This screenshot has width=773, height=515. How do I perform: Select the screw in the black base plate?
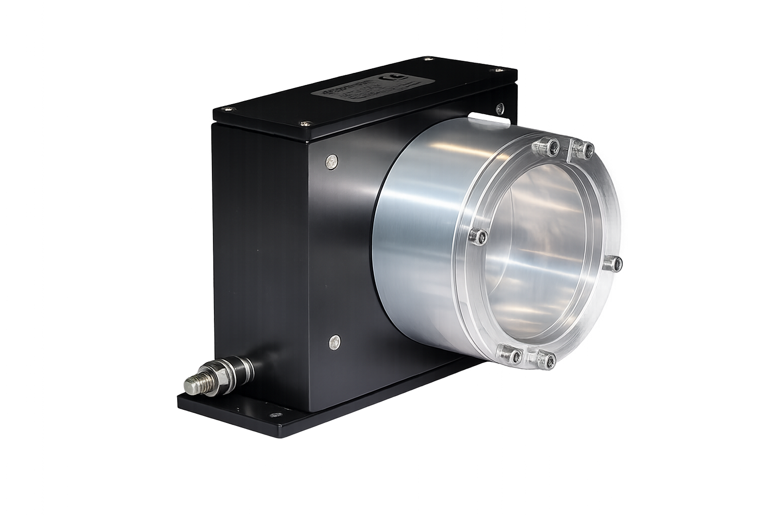pos(275,415)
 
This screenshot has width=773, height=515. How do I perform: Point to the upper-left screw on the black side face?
pos(331,161)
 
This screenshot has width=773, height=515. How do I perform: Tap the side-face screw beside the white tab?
pos(500,108)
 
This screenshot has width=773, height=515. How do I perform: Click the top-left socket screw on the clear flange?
pos(552,146)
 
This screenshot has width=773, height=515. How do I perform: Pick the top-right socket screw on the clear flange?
pos(586,149)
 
